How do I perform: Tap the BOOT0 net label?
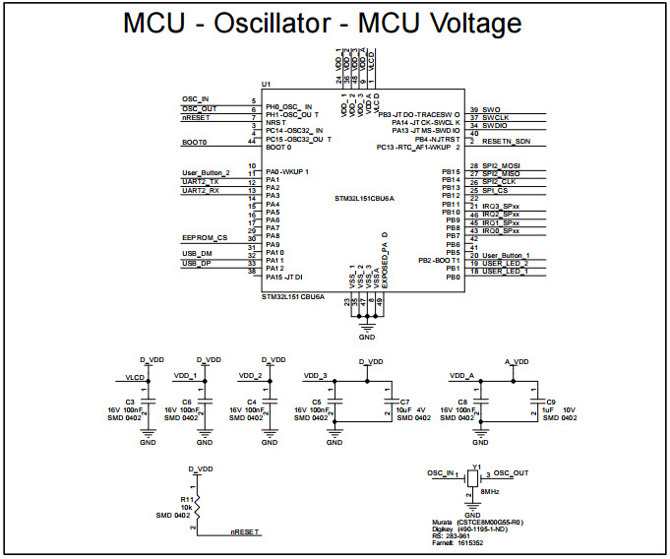(194, 143)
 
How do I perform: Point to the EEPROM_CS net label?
(205, 237)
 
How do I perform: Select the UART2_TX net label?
(201, 182)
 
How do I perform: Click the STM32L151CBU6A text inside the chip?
(365, 199)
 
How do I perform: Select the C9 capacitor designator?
(551, 403)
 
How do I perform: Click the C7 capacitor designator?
(405, 403)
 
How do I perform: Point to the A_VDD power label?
(517, 361)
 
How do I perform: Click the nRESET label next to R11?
(244, 531)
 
